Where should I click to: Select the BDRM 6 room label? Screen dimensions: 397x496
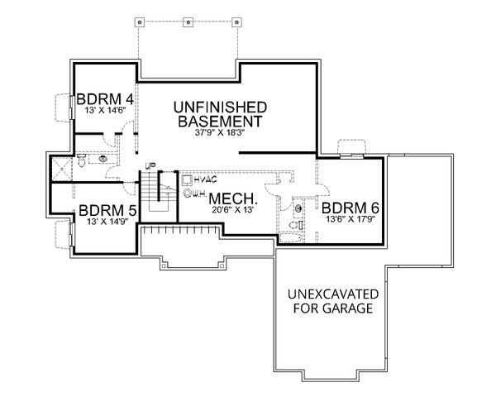pos(351,208)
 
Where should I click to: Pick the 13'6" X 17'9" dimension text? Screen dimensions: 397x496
pos(350,220)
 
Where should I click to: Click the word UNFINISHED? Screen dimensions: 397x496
pos(218,107)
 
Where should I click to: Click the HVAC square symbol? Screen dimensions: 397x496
pos(187,179)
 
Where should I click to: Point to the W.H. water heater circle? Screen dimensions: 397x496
pos(188,194)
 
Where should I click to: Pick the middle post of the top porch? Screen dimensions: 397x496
pos(188,20)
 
